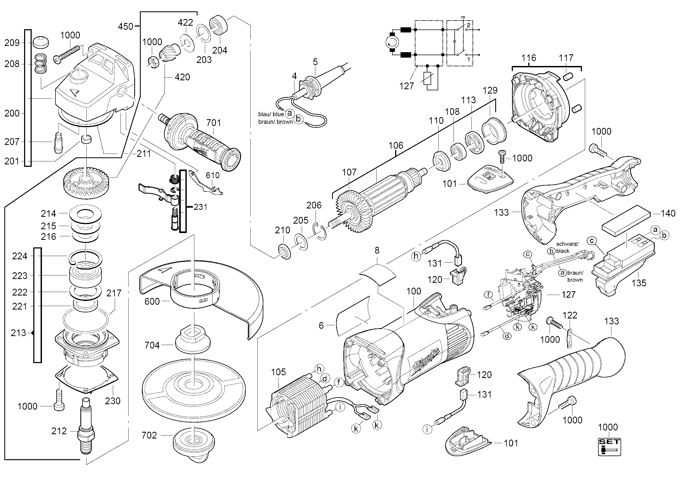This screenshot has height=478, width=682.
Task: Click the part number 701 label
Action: tap(214, 122)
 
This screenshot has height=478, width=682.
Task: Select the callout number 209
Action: tap(12, 43)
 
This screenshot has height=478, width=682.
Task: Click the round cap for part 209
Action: tap(41, 42)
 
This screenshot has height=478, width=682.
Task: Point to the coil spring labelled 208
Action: tap(41, 64)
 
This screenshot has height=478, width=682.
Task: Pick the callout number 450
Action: tap(125, 26)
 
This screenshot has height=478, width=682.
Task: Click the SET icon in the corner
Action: tap(609, 447)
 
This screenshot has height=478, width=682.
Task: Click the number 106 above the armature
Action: tap(396, 145)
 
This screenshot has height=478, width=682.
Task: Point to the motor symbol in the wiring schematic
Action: tap(392, 44)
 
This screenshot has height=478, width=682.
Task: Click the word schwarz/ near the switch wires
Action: tap(567, 244)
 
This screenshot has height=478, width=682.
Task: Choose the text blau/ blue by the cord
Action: tap(271, 114)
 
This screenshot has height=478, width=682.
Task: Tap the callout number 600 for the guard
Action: tap(152, 301)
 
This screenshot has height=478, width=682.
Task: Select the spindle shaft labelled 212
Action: tap(86, 427)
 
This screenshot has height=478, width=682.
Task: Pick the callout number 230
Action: tap(113, 401)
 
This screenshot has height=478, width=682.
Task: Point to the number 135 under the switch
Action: tap(639, 283)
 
